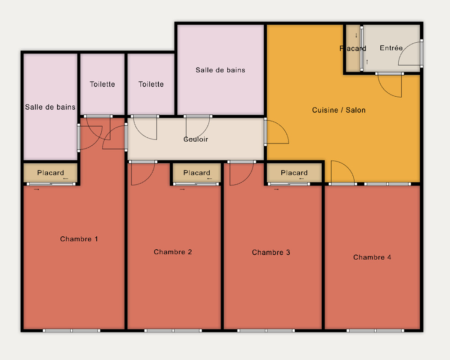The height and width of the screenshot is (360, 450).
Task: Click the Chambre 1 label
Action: pos(79,239)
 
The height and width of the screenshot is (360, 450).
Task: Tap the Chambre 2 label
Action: pos(173,252)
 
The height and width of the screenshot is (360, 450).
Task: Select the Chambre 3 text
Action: pos(271,252)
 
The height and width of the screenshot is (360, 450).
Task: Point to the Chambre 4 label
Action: pos(372,257)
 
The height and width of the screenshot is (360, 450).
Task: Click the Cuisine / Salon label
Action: pos(339,110)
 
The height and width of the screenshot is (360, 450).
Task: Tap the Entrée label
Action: pos(391,48)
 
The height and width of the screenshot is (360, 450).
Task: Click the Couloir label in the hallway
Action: pos(196,139)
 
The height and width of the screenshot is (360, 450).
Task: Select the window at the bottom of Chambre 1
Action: pos(72,331)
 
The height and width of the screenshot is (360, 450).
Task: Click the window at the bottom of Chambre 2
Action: pos(173,331)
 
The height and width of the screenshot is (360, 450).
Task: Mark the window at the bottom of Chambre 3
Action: pos(266,331)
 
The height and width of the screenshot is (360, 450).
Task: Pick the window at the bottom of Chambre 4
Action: pos(375,331)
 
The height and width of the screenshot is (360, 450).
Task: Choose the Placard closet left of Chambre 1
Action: pos(50,173)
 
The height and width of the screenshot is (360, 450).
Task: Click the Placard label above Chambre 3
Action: pos(294,173)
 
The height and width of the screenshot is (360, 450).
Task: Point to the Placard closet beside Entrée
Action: pos(353,48)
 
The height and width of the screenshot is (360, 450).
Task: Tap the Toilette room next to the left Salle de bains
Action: pos(103,84)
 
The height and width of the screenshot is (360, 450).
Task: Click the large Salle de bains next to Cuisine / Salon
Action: pos(220,70)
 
